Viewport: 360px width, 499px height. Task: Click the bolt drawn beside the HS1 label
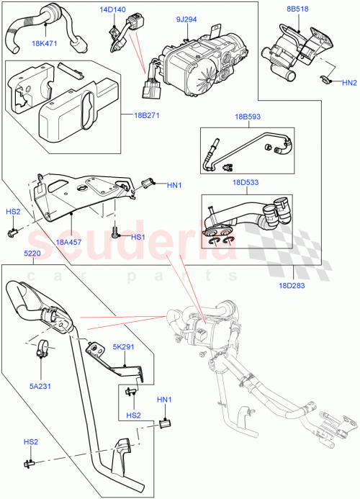(114, 232)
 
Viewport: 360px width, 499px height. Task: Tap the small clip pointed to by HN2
(325, 79)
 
